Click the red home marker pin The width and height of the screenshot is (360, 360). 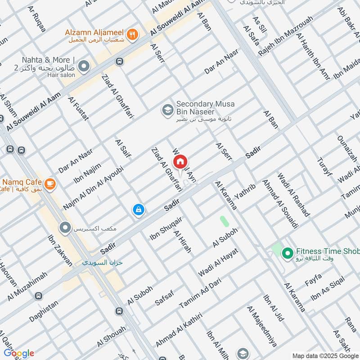click(180, 162)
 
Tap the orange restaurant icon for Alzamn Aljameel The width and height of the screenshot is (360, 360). click(132, 34)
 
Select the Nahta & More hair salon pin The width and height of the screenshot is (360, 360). click(84, 67)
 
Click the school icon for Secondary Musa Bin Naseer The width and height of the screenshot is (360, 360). click(167, 109)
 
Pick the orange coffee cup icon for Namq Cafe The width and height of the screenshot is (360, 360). click(49, 183)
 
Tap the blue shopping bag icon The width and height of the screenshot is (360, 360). click(139, 210)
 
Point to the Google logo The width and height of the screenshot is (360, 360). click(19, 353)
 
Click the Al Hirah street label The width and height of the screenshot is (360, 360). click(183, 242)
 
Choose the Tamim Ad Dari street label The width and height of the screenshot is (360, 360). click(199, 292)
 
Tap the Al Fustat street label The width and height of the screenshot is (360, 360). click(78, 108)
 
